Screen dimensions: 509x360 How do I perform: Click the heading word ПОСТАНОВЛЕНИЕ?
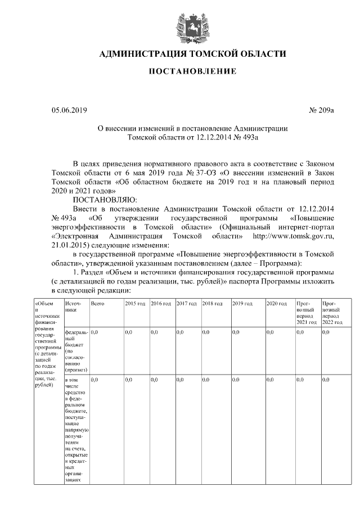192,71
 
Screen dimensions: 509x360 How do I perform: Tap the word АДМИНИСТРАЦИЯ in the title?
142,54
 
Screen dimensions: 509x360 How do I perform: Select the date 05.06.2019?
69,110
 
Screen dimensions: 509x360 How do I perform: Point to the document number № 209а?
321,110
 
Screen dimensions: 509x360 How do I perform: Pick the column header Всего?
98,304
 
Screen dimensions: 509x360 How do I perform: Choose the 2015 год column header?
136,304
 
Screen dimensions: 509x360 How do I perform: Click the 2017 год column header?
186,304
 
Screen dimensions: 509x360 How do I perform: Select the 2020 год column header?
277,304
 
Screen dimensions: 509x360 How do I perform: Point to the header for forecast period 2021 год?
307,313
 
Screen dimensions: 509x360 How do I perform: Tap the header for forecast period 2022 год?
332,313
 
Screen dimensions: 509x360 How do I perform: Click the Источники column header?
73,307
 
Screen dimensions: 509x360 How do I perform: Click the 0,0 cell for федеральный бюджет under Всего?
94,333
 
